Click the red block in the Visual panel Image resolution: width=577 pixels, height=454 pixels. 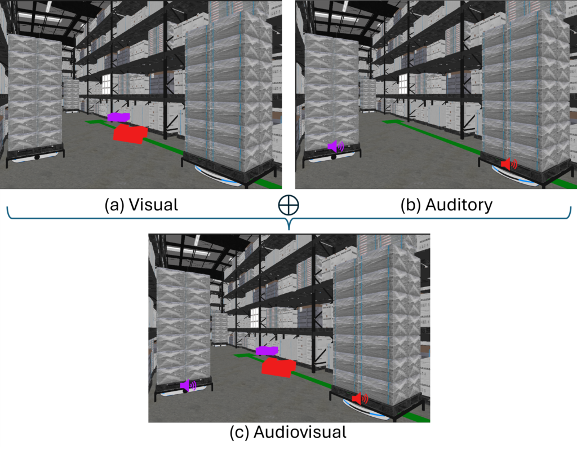tap(130, 133)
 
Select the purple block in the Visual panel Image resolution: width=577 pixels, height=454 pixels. tap(118, 117)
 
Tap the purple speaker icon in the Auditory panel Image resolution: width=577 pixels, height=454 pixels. tap(336, 147)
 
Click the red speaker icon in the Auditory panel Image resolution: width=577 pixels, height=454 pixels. tap(509, 164)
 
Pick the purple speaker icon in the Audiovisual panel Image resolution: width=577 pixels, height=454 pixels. tap(188, 386)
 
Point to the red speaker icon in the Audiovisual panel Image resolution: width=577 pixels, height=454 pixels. tap(360, 398)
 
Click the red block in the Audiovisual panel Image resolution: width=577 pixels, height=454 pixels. tap(278, 368)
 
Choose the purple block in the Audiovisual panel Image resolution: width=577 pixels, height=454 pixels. tap(267, 351)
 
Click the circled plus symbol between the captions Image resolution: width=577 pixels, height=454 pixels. tap(288, 205)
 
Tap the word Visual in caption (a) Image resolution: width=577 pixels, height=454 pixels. tap(153, 205)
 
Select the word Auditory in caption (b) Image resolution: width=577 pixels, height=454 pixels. tap(459, 205)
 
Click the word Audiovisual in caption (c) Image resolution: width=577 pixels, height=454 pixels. tap(300, 432)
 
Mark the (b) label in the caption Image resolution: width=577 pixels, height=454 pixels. tap(411, 205)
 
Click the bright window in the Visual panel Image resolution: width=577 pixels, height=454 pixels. tap(106, 84)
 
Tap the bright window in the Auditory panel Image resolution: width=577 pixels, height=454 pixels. tap(403, 84)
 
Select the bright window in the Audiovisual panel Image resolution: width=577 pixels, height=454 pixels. tap(254, 318)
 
